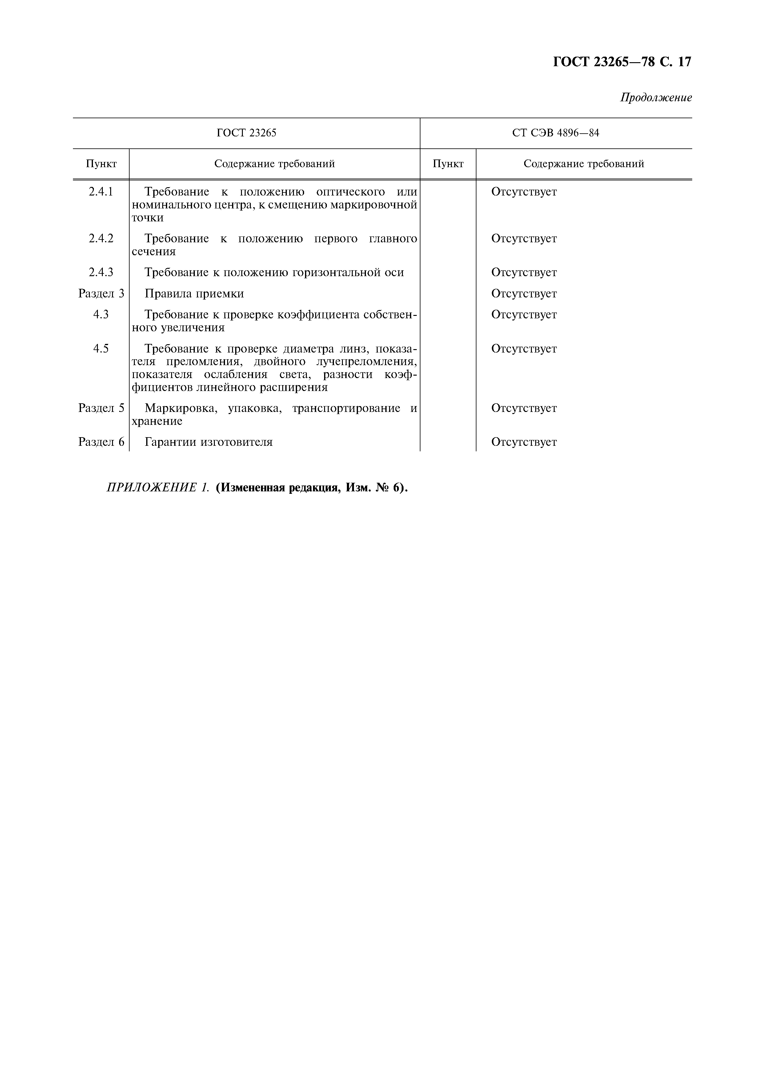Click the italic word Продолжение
tap(656, 98)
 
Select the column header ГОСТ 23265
tap(246, 133)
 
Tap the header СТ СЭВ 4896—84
tap(556, 133)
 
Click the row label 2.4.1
tap(101, 192)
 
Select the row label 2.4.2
tap(101, 239)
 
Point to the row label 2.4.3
tap(101, 272)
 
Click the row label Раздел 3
tap(101, 293)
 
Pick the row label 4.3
tap(101, 314)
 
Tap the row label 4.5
tap(101, 349)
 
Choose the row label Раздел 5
tap(101, 408)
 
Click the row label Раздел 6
tap(101, 442)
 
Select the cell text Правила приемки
tap(194, 293)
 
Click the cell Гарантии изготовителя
tap(209, 442)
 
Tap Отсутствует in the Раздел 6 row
tap(524, 442)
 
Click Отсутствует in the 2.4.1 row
tap(524, 192)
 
